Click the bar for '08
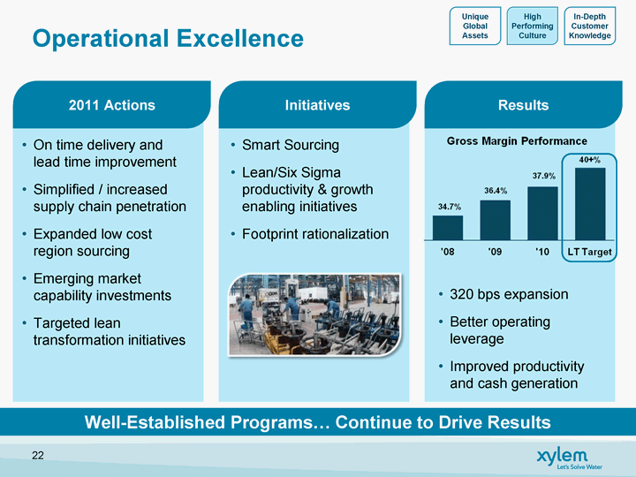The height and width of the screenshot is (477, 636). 448,228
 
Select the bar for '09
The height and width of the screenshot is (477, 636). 496,220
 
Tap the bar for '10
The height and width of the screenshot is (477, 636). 542,214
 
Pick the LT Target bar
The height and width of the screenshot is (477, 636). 590,204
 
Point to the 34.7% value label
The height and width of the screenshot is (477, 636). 450,207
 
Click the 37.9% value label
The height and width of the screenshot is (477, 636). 544,176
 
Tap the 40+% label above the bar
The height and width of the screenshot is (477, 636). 590,160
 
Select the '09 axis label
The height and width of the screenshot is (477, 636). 495,252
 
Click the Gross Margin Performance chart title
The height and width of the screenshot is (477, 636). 517,141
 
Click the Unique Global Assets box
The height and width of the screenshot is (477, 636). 475,26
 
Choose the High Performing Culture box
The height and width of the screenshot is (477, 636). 532,26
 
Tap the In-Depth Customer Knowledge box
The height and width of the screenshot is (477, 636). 590,26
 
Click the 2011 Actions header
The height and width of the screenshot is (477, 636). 111,104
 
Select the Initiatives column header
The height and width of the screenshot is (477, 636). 317,104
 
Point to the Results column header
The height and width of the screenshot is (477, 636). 523,104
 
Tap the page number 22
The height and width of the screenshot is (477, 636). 38,456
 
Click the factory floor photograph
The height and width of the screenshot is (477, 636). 314,314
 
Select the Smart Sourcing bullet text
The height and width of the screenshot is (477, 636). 291,145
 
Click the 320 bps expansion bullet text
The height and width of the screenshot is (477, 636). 509,294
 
